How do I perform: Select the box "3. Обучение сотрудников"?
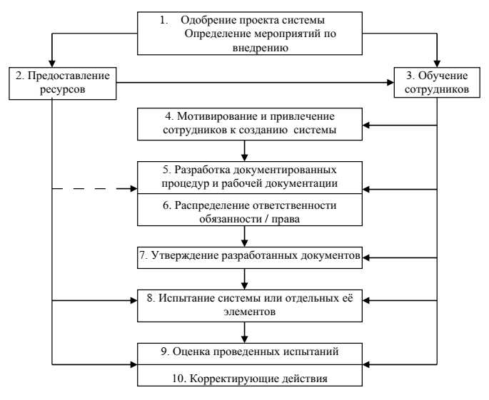(436, 83)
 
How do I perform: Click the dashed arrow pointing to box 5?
(93, 190)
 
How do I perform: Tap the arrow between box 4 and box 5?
(246, 150)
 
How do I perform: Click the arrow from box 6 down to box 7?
(246, 235)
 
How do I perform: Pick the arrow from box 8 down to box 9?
(246, 329)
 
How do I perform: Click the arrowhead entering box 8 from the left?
(133, 301)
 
